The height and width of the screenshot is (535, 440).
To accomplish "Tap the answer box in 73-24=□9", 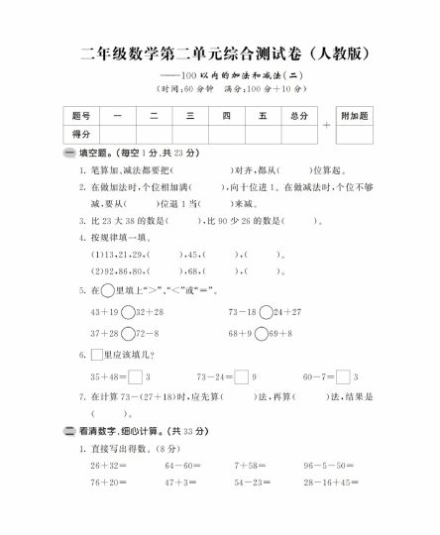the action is click(242, 376).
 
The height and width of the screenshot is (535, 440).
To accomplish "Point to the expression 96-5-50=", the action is click(328, 466).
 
